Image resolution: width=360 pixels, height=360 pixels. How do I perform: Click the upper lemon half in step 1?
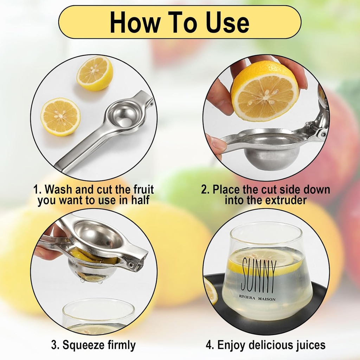95,73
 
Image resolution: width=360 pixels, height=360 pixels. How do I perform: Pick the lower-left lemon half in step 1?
60,116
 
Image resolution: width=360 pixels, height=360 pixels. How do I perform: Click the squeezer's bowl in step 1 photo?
123,116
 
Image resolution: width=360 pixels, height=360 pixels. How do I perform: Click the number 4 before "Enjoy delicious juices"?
210,345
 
